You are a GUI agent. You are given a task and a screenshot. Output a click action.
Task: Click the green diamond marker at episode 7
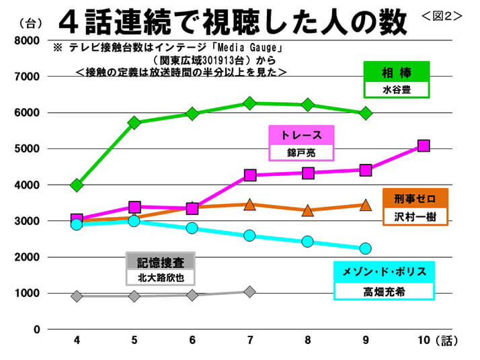(x=250, y=103)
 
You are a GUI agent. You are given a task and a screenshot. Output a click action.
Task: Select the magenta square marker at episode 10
(x=424, y=146)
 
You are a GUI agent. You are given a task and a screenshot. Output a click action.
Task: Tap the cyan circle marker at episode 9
(x=366, y=249)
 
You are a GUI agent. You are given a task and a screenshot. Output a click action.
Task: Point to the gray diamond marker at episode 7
(x=250, y=291)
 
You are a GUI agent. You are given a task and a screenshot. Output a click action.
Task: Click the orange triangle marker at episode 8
(x=308, y=210)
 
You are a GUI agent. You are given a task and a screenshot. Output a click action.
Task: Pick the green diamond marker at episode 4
(x=77, y=185)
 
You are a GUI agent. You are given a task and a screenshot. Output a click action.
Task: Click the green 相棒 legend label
(x=395, y=71)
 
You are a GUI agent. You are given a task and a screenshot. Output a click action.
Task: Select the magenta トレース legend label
(x=301, y=134)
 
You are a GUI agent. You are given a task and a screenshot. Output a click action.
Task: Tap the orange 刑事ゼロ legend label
(x=414, y=198)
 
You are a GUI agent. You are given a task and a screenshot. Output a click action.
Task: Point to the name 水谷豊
(x=395, y=89)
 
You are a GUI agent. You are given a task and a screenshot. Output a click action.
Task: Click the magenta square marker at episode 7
(x=250, y=175)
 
